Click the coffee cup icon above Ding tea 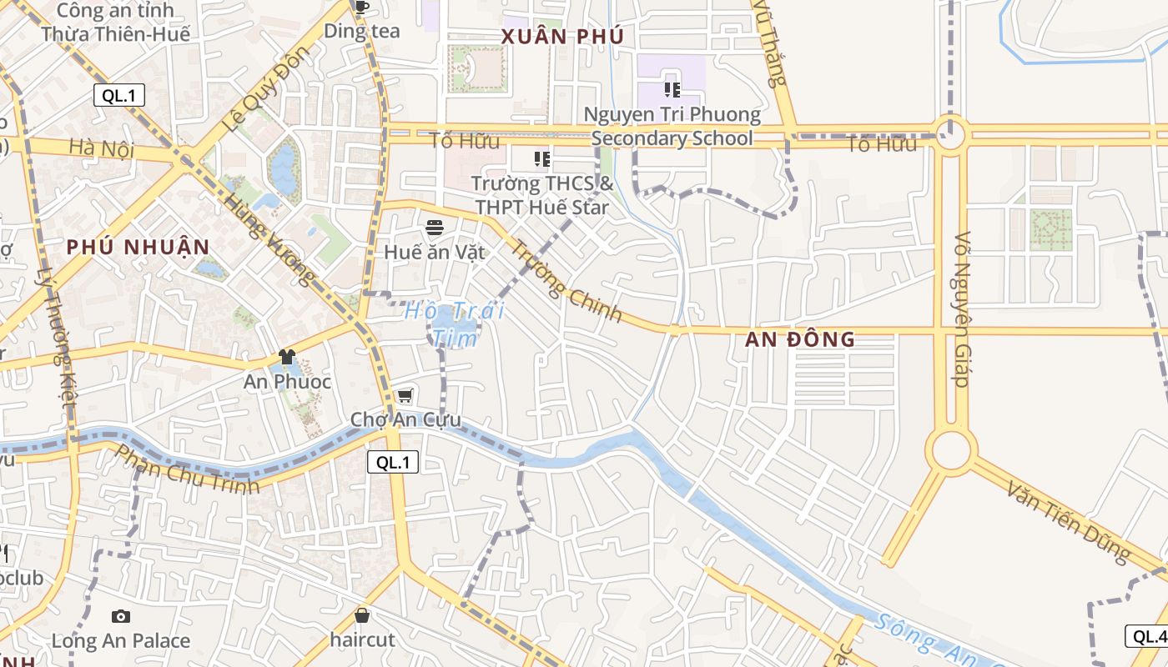point(361,8)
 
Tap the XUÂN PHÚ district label point(562,37)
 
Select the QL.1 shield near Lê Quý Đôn point(118,95)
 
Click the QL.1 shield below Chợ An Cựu point(393,463)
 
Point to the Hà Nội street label point(102,148)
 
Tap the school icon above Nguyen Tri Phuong point(672,89)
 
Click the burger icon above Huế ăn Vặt point(434,227)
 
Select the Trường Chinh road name point(566,280)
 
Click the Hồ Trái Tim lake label point(455,324)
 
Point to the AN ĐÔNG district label point(799,339)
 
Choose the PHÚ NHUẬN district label point(138,248)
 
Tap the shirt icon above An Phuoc point(287,357)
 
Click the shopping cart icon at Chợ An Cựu point(405,395)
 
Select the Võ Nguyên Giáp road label point(961,309)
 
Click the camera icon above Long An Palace point(121,616)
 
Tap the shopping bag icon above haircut point(362,615)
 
